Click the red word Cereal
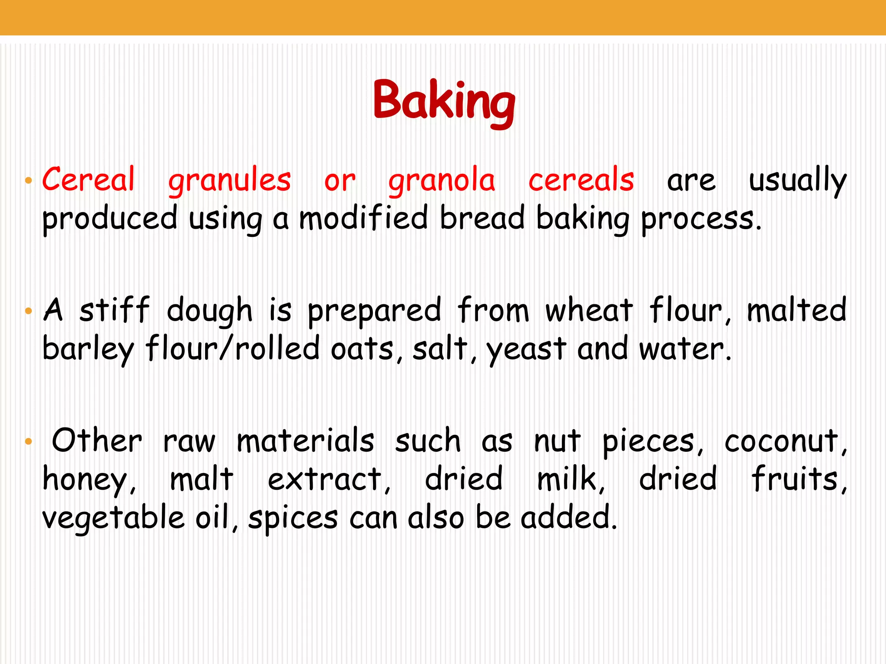[89, 179]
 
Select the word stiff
[115, 310]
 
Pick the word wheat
[589, 310]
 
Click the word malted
[796, 310]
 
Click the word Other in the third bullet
[97, 441]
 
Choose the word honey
[89, 480]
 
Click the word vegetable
[113, 518]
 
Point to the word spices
[293, 518]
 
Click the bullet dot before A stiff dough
[29, 311]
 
